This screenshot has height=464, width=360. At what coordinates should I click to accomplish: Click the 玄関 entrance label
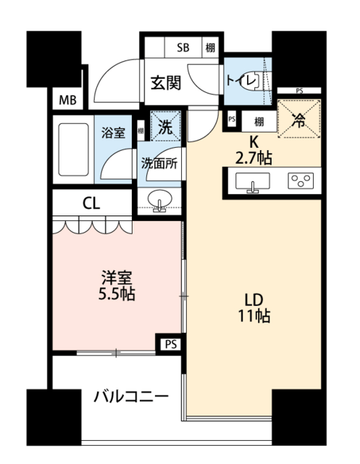(166, 83)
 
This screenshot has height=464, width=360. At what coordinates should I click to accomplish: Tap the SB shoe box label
(183, 47)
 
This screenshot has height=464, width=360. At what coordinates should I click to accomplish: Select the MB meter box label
(67, 100)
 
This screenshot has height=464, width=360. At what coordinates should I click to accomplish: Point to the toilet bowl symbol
(251, 80)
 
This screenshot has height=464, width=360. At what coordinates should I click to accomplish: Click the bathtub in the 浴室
(74, 150)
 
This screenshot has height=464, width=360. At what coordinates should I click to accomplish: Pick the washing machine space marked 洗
(166, 125)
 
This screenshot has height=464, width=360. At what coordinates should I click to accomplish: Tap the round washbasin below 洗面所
(159, 198)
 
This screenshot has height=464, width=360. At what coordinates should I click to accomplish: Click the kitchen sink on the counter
(252, 181)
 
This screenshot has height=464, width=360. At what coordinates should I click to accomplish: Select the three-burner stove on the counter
(301, 181)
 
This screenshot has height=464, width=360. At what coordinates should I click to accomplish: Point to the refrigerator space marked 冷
(299, 119)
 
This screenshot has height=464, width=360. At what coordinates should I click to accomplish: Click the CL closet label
(91, 203)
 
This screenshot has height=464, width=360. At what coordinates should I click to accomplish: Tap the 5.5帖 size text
(117, 294)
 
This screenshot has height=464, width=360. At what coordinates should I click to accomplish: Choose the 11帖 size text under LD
(254, 316)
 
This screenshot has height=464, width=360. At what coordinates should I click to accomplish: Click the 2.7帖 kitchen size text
(254, 158)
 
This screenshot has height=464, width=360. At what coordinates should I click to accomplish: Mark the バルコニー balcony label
(131, 397)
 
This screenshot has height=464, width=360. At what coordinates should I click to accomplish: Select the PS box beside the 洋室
(171, 344)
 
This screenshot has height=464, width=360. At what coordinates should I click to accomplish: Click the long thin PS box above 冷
(299, 91)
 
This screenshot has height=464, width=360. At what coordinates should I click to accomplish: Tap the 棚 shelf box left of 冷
(259, 121)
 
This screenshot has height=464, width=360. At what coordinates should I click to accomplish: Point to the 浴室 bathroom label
(113, 133)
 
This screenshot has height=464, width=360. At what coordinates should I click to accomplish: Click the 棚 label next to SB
(210, 47)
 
